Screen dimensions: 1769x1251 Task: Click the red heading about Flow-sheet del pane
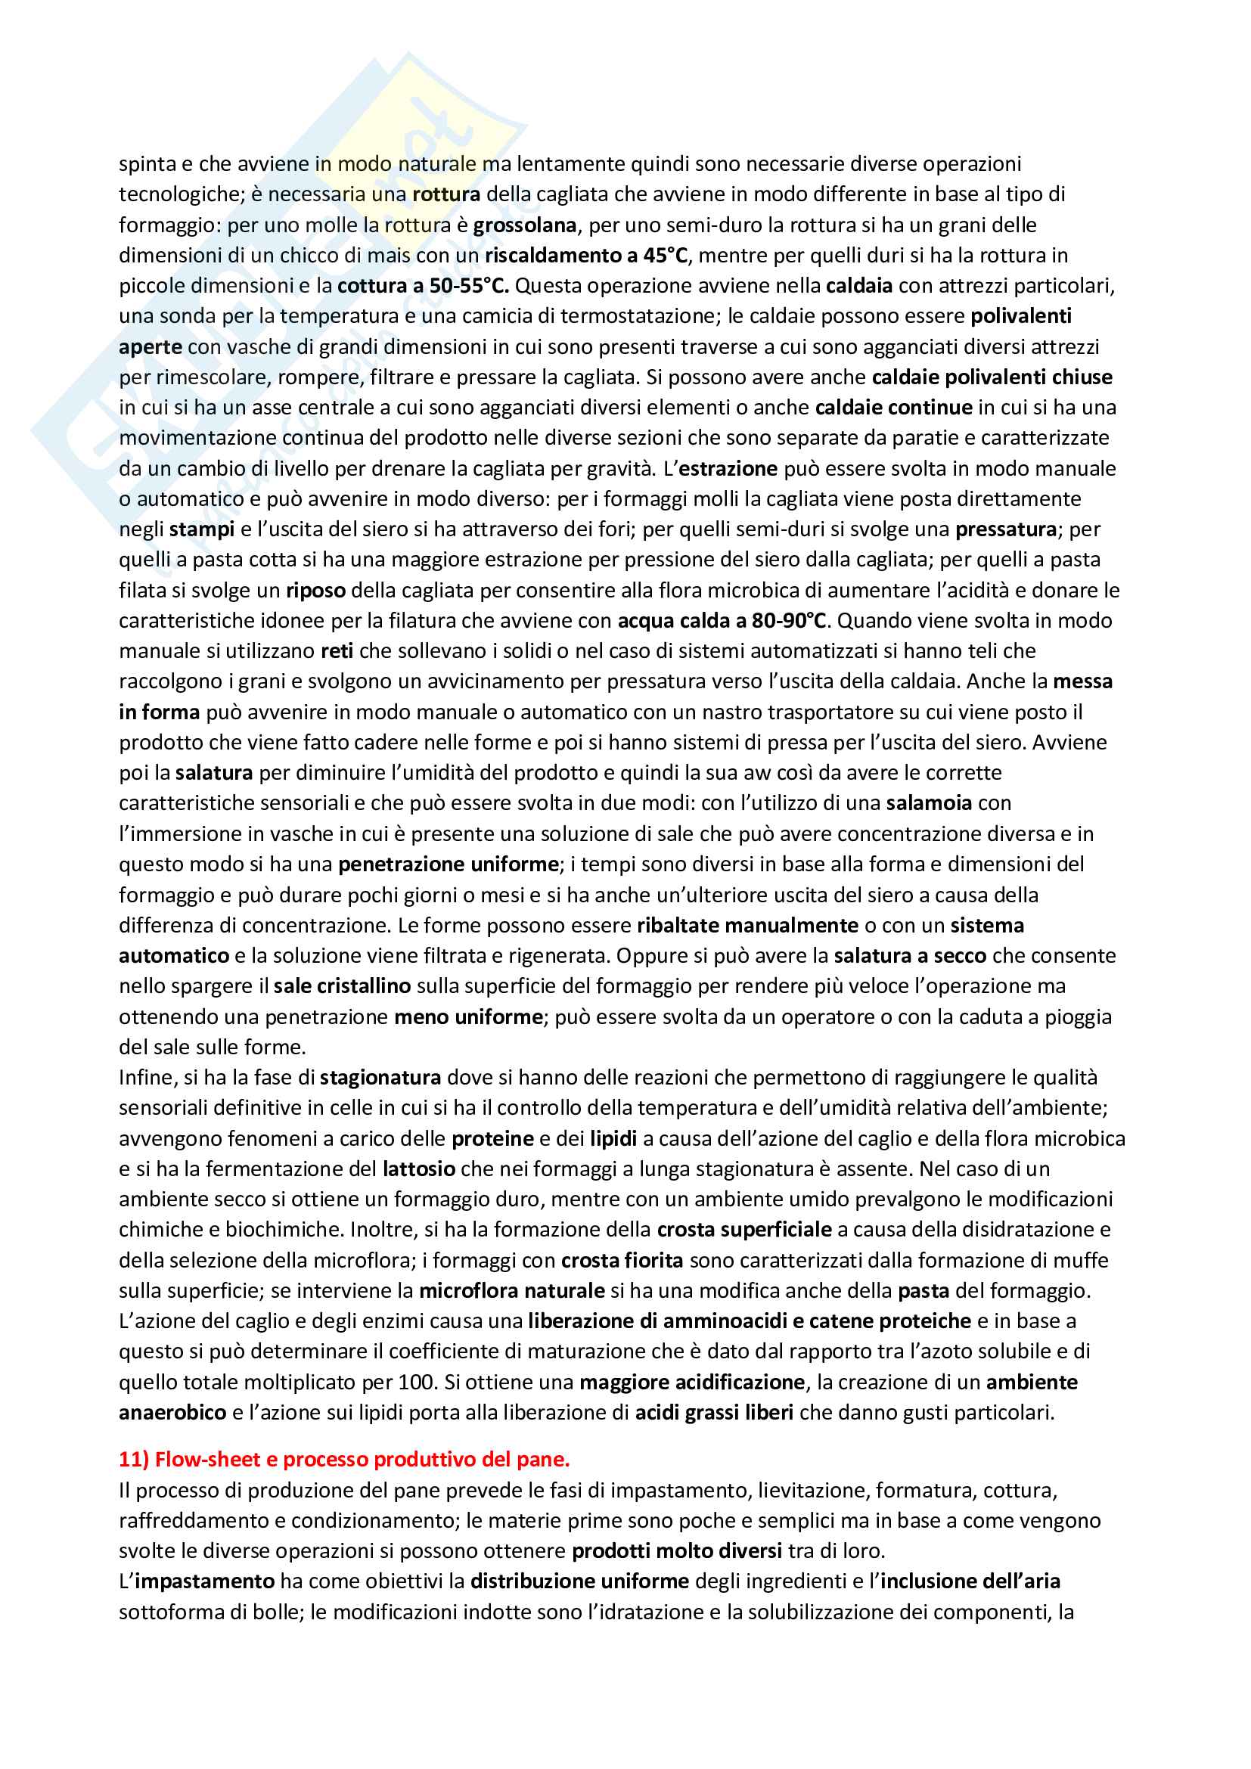tap(343, 1459)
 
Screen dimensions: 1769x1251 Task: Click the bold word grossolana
tap(525, 225)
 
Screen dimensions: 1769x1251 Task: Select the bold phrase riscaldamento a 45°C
tap(585, 255)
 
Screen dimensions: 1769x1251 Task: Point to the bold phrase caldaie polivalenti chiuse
tap(992, 377)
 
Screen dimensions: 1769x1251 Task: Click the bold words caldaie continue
tap(893, 408)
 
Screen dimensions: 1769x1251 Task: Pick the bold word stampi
tap(202, 529)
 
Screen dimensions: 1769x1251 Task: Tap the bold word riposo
tap(316, 590)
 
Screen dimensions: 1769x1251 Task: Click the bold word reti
tap(337, 651)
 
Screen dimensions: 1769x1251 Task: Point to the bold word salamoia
tap(929, 803)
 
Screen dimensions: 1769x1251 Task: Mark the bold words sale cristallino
tap(342, 986)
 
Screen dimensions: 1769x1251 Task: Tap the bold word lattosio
tap(419, 1168)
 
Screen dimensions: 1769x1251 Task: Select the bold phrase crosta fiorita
tap(622, 1261)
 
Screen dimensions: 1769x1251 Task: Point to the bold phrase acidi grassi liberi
tap(714, 1412)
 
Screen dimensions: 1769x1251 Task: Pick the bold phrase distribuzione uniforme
tap(579, 1581)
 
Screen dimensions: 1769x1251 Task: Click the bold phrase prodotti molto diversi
tap(677, 1550)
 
